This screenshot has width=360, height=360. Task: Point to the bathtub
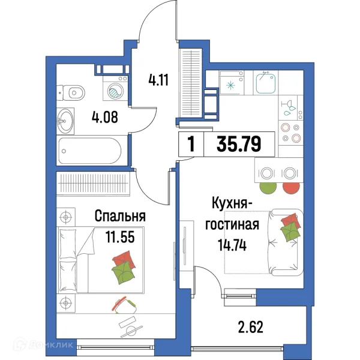tap(90, 149)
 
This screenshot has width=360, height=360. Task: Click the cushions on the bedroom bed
tap(122, 268)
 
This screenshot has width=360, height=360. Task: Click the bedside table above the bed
tap(66, 215)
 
